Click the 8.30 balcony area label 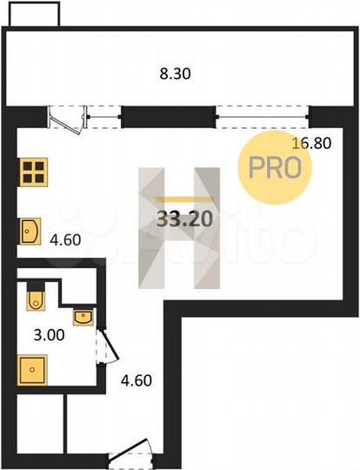176,75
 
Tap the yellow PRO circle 275,168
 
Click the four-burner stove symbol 33,171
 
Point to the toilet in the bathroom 36,297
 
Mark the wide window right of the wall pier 261,114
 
